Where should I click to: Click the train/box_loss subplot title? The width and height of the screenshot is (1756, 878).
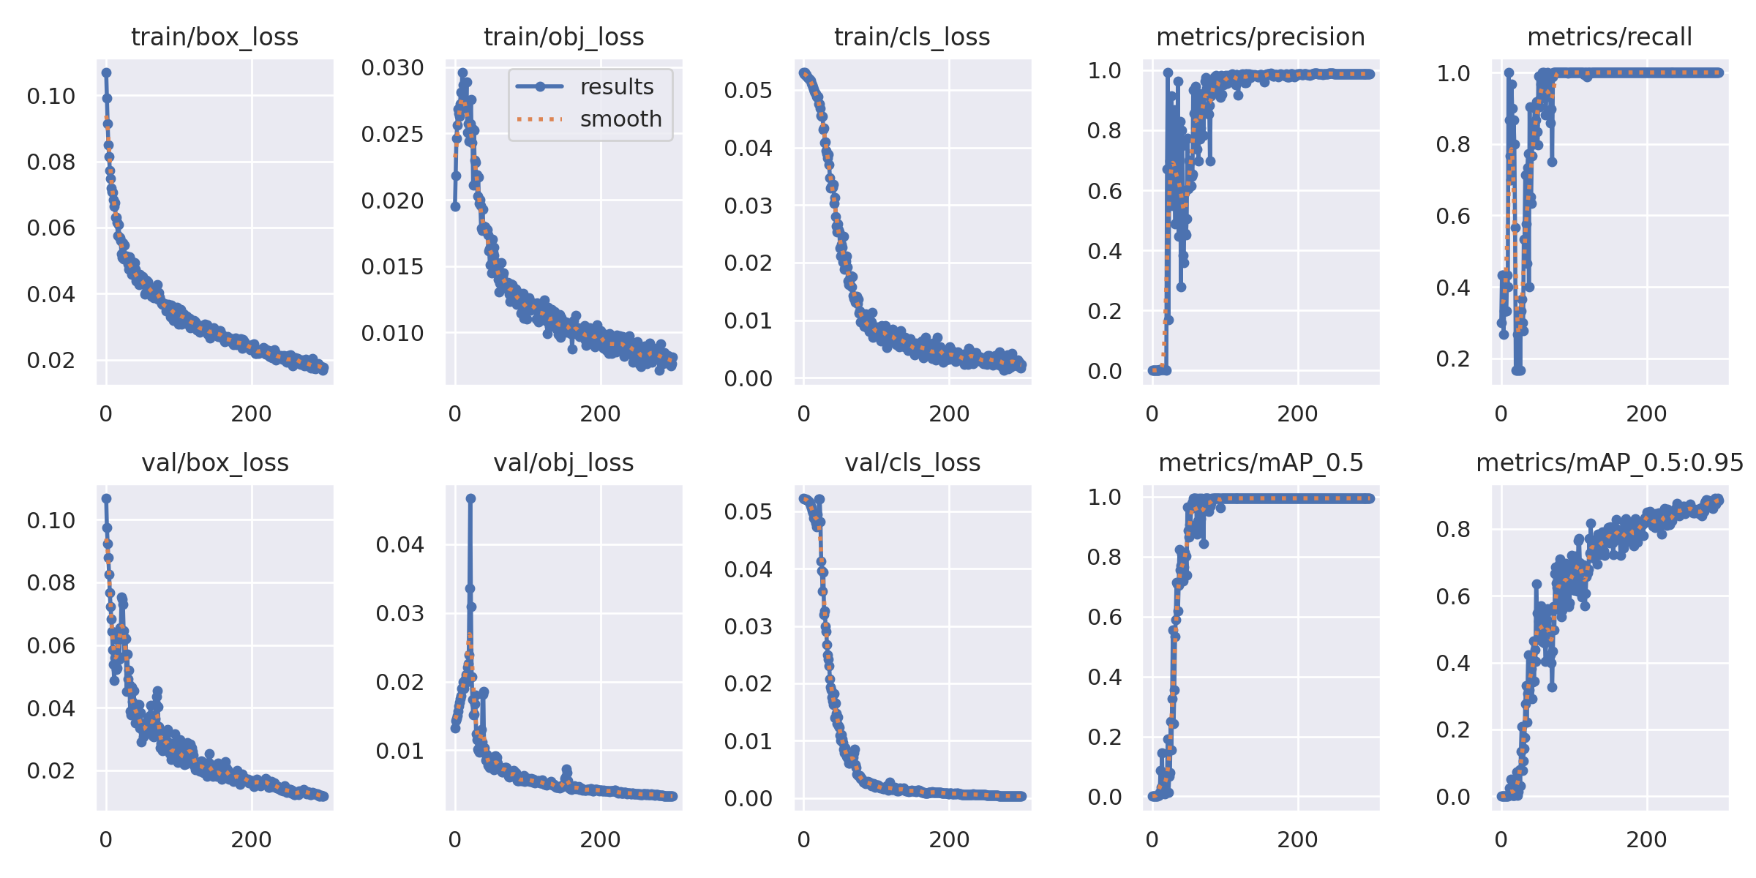(214, 37)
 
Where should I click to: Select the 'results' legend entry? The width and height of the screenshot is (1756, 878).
(616, 87)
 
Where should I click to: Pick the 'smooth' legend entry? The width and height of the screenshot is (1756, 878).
(620, 119)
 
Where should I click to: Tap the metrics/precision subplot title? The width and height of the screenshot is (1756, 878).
(1260, 37)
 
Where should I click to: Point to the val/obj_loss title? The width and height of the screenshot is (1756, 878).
(563, 462)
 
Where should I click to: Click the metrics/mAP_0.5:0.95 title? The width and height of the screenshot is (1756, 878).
(1610, 462)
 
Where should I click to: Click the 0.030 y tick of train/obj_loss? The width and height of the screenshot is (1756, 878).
(392, 68)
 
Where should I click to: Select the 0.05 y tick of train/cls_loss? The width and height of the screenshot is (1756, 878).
(748, 90)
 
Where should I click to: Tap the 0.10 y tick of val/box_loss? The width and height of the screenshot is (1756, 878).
(50, 520)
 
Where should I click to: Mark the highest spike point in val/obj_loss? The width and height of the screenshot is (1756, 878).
(470, 498)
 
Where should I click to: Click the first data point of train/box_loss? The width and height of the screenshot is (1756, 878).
(106, 72)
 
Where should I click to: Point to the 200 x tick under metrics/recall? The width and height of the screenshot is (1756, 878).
(1646, 414)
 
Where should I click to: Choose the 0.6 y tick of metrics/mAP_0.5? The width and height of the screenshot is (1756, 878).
(1104, 617)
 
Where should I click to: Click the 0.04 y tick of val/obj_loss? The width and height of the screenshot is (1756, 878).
(399, 544)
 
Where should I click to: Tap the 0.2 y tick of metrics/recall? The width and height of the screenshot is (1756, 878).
(1453, 359)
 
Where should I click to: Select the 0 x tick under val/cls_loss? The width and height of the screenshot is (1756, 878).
(803, 840)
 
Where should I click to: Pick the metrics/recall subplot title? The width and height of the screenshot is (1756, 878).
(1610, 37)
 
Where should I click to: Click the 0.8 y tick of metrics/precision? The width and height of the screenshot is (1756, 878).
(1104, 130)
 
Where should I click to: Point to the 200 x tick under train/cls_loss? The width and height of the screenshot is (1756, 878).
(949, 414)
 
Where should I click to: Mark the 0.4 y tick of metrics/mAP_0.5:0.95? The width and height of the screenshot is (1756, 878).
(1453, 663)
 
